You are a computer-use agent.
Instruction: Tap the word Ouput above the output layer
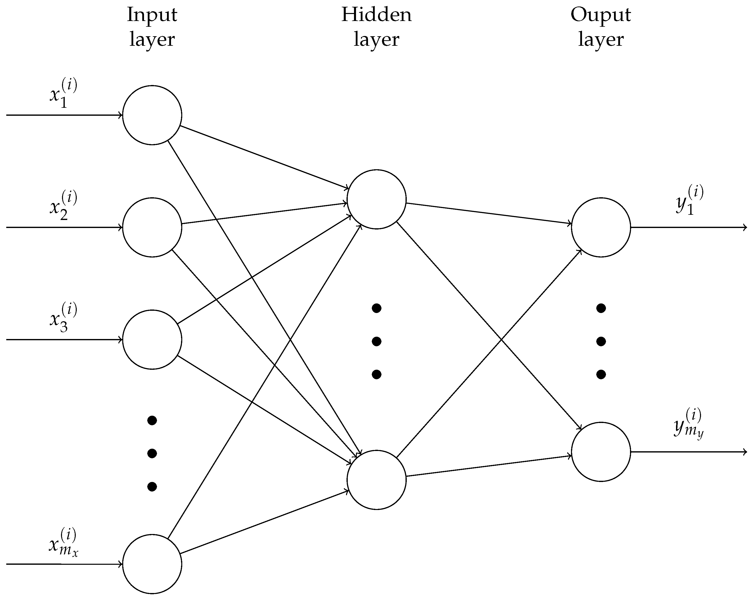(x=600, y=15)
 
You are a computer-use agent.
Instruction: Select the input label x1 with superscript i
(x=63, y=93)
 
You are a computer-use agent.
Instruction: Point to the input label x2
(x=63, y=205)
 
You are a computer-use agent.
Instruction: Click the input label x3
(x=63, y=317)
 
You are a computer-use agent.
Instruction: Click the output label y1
(x=689, y=200)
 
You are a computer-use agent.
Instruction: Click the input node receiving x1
(x=152, y=115)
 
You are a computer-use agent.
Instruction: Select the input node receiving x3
(x=152, y=339)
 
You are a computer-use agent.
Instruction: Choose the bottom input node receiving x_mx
(x=152, y=564)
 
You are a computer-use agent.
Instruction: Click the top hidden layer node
(x=377, y=199)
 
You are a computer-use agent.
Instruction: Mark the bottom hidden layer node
(x=377, y=480)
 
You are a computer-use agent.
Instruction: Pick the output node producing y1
(x=601, y=227)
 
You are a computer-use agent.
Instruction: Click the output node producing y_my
(x=601, y=452)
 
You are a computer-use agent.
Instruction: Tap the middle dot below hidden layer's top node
(x=377, y=341)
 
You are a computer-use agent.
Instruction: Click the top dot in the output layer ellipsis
(x=601, y=308)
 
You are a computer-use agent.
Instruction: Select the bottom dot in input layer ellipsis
(x=152, y=486)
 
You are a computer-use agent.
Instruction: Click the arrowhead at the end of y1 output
(x=745, y=227)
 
